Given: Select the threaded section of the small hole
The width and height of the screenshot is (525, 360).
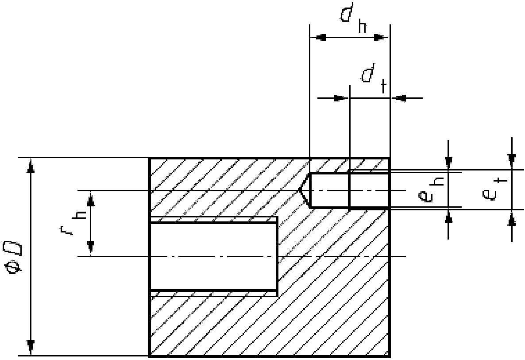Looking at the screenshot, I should (369, 190).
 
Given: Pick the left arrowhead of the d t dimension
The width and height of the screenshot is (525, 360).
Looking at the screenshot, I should (339, 98).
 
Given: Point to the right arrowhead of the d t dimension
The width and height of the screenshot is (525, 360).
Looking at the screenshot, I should (400, 98).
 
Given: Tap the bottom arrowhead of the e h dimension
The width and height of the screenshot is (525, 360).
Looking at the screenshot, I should (449, 217).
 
